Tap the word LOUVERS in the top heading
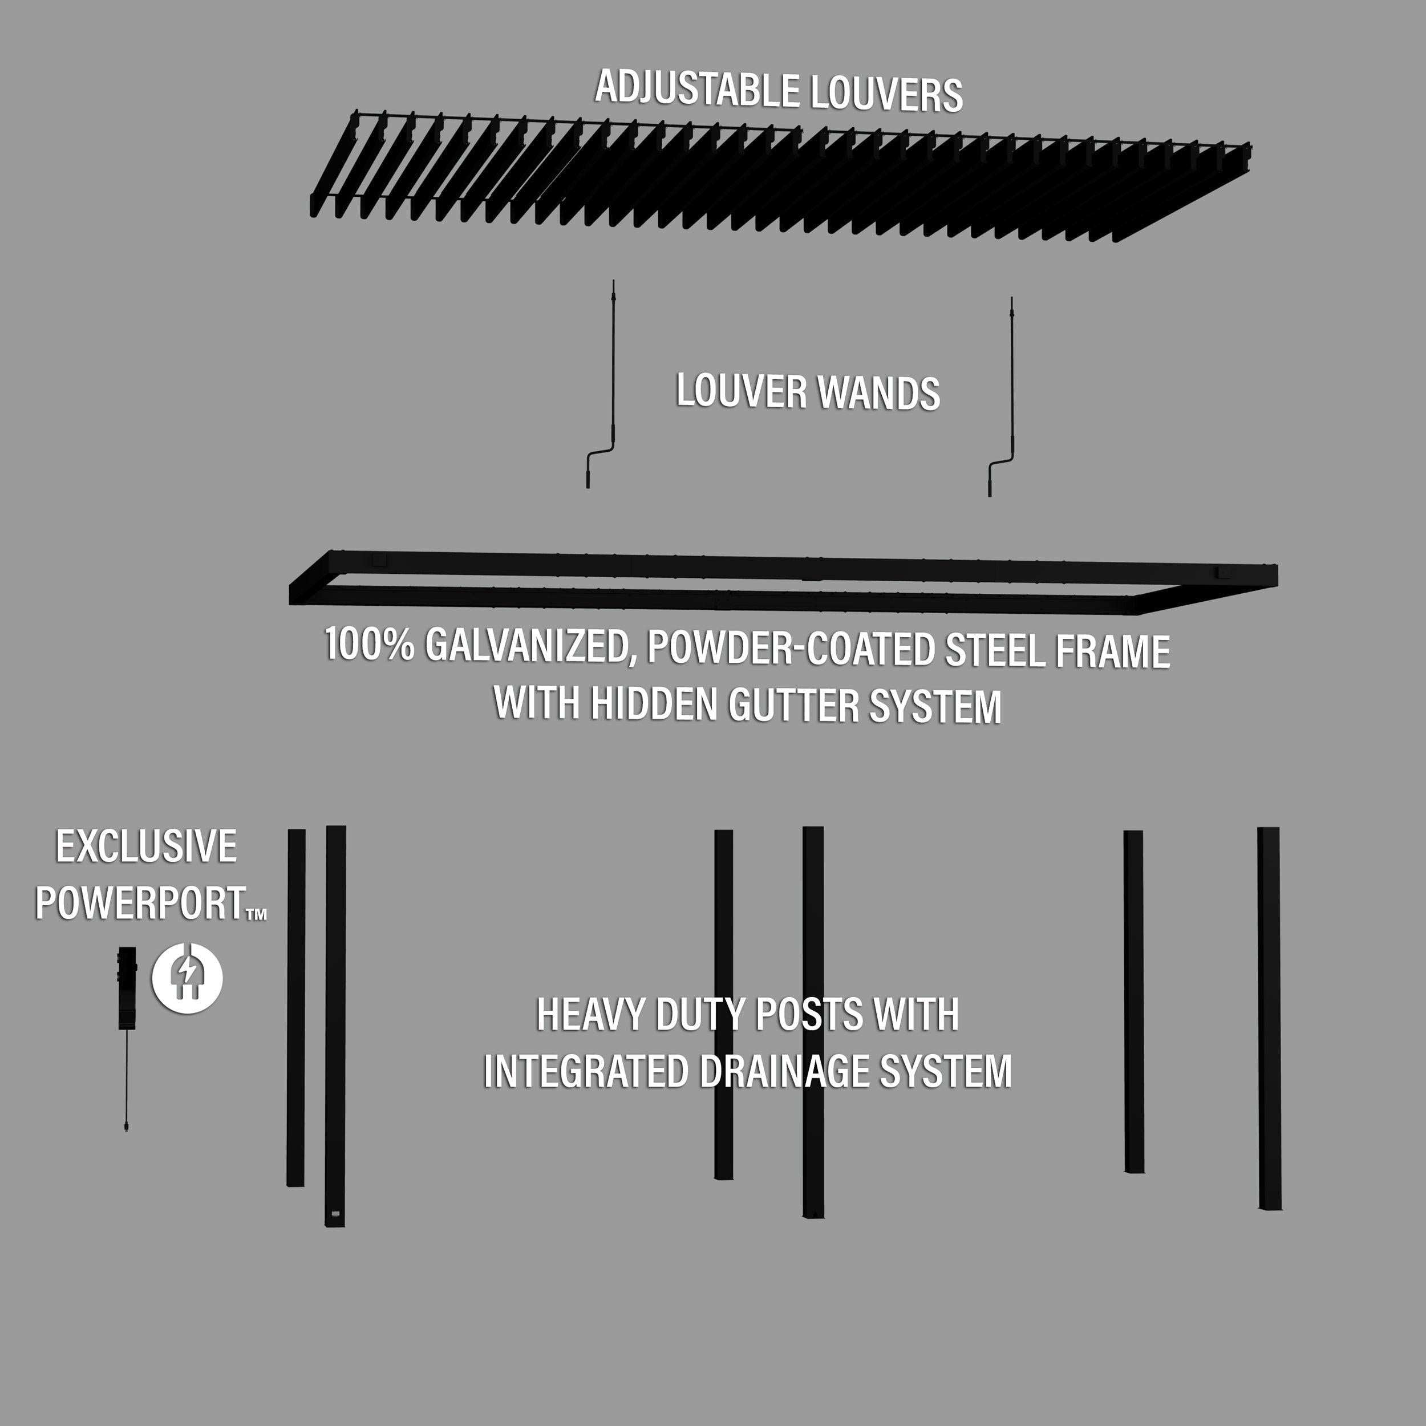point(886,95)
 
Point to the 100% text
point(370,643)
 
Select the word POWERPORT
point(140,903)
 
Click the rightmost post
point(1269,1019)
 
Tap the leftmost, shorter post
point(296,1007)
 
